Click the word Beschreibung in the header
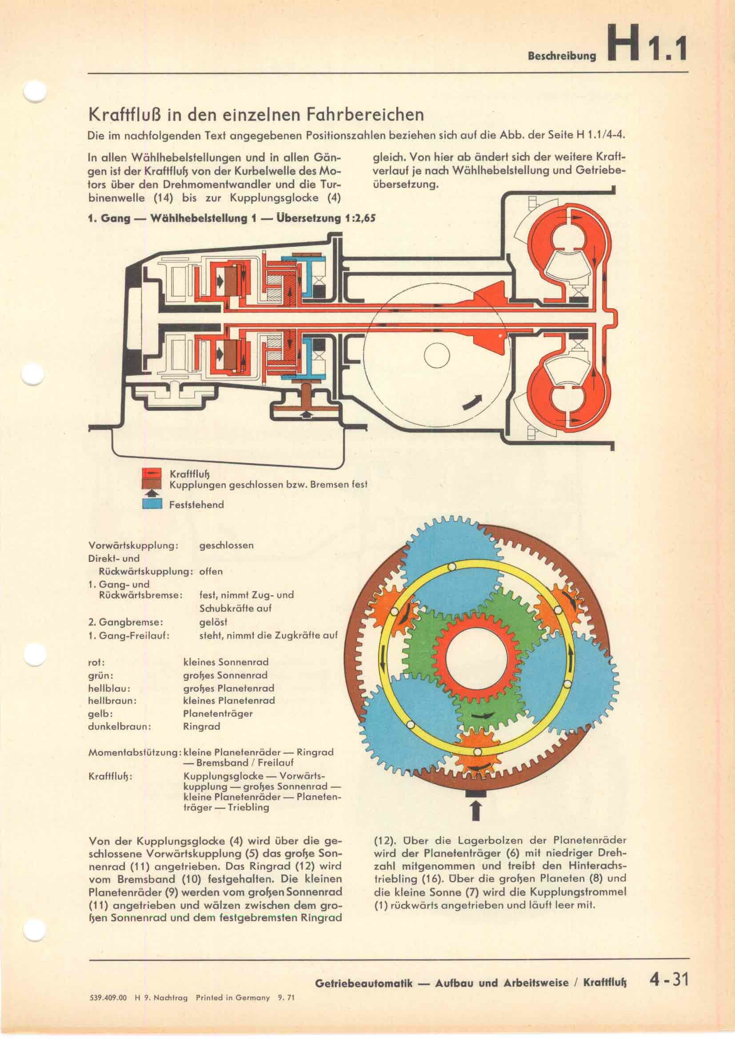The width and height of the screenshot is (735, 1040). [562, 56]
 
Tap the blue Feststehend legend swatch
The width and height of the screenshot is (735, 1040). [152, 504]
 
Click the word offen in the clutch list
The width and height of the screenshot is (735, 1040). [211, 571]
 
